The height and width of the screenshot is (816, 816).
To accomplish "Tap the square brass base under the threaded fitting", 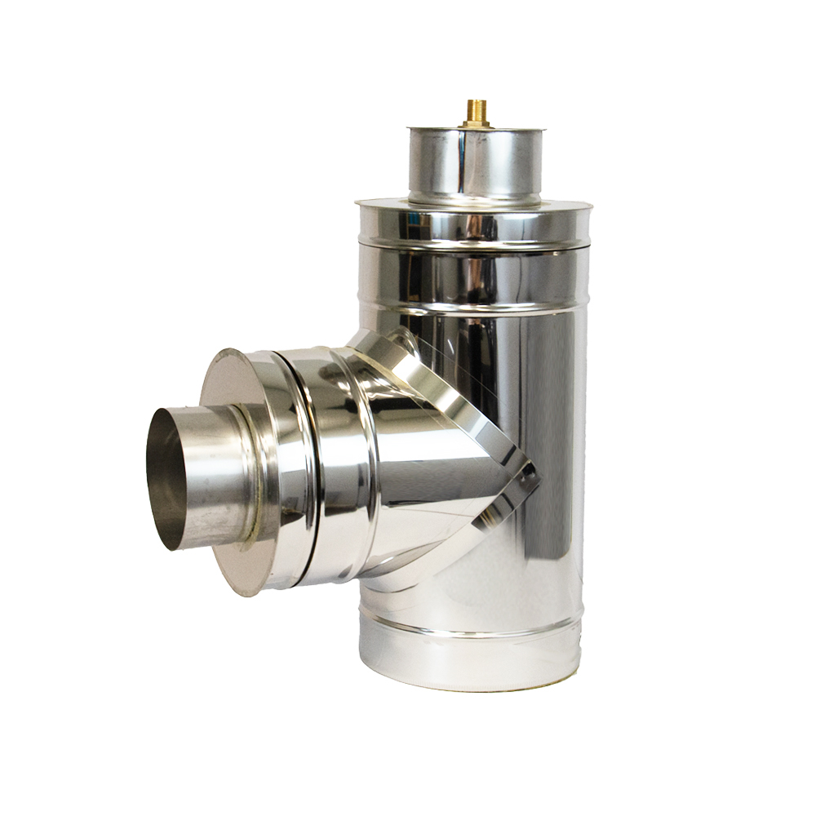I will tap(476, 124).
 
